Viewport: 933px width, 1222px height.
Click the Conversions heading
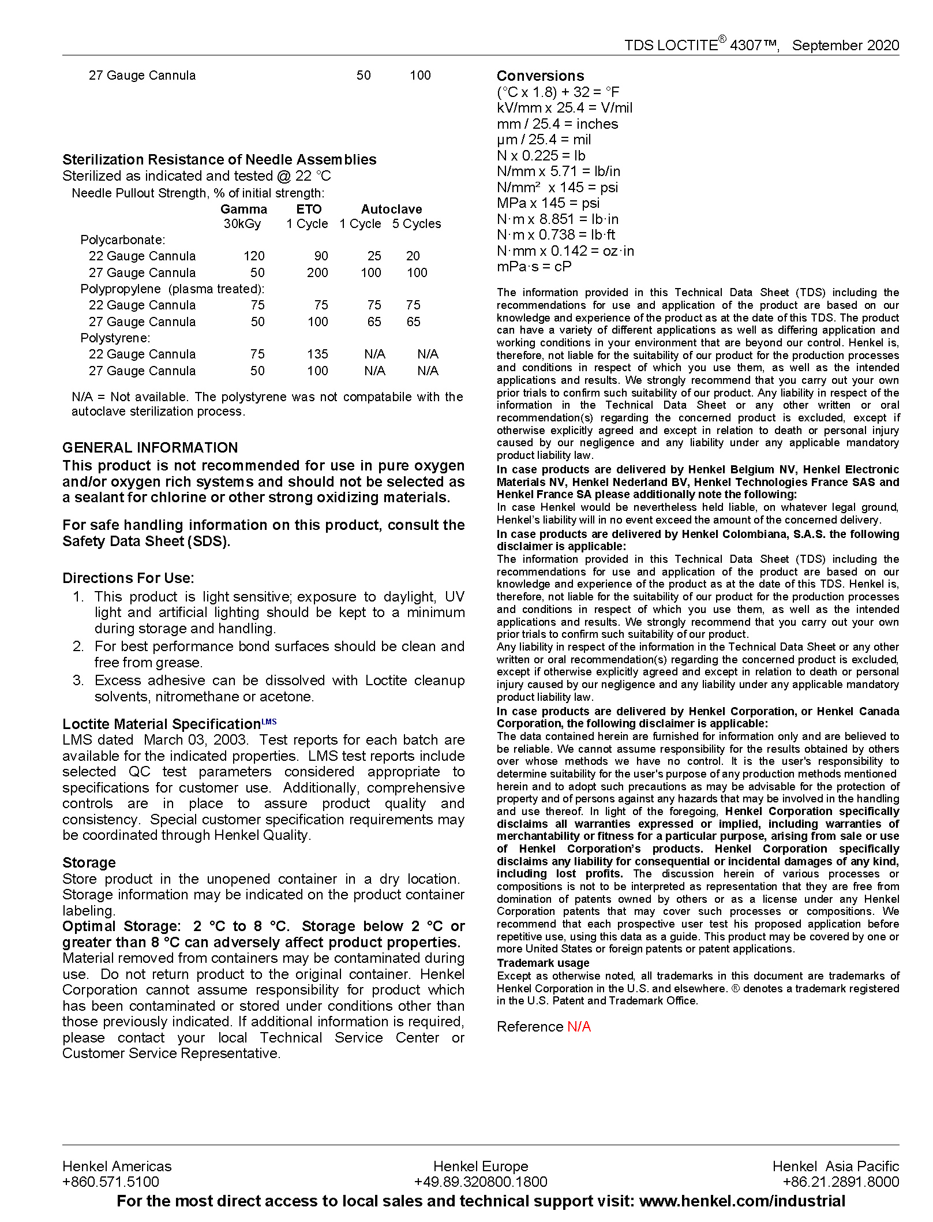point(540,76)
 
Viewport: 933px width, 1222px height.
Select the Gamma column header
point(243,209)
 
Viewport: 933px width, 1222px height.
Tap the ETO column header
point(309,209)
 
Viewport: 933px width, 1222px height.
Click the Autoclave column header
point(391,209)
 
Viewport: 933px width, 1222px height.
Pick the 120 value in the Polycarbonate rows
point(254,256)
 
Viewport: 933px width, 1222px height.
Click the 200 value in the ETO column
point(317,272)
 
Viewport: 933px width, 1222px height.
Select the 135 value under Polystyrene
point(317,354)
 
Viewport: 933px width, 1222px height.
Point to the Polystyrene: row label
point(115,338)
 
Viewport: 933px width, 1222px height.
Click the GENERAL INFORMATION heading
point(150,447)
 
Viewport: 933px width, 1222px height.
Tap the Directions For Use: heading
point(128,578)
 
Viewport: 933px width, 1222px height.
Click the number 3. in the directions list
point(78,680)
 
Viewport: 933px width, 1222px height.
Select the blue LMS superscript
point(269,721)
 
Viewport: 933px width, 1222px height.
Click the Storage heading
point(89,862)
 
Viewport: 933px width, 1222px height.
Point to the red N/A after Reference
point(579,1026)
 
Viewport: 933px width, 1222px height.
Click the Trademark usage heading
point(543,963)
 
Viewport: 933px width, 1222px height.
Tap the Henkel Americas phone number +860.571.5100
point(111,1182)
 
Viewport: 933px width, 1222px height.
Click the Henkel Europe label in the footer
point(481,1166)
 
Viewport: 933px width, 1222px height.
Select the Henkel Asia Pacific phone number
point(841,1182)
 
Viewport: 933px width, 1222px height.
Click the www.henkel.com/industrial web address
point(742,1201)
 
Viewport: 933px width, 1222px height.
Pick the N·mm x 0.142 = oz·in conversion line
point(565,251)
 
